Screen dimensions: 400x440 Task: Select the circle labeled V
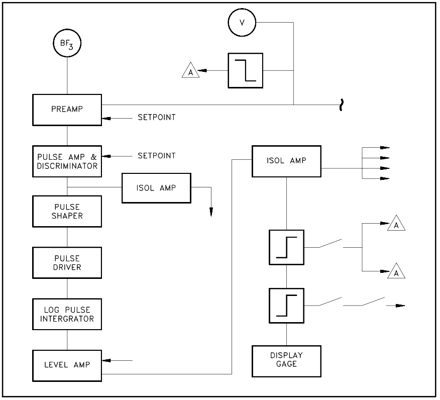pyautogui.click(x=242, y=23)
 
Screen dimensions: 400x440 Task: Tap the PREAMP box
pyautogui.click(x=67, y=110)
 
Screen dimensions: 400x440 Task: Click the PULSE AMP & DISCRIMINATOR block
pyautogui.click(x=67, y=161)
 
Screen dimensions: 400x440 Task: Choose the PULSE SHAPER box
pyautogui.click(x=67, y=211)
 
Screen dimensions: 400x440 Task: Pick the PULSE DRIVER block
pyautogui.click(x=67, y=262)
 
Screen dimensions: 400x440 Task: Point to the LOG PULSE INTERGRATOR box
pyautogui.click(x=67, y=314)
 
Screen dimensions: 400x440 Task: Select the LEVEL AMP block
pyautogui.click(x=67, y=364)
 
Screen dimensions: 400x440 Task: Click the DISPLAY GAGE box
pyautogui.click(x=286, y=360)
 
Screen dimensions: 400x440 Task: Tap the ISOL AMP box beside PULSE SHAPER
pyautogui.click(x=156, y=188)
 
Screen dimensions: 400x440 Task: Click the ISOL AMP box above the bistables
pyautogui.click(x=286, y=161)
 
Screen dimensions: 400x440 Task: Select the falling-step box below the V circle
pyautogui.click(x=245, y=70)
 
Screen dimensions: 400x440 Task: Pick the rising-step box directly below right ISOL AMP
pyautogui.click(x=286, y=247)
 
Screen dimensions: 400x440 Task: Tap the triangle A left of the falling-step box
pyautogui.click(x=190, y=72)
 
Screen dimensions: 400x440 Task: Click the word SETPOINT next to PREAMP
pyautogui.click(x=157, y=118)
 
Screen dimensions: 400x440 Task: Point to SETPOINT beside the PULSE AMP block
pyautogui.click(x=157, y=156)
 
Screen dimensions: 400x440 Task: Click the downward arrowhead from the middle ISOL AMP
pyautogui.click(x=211, y=212)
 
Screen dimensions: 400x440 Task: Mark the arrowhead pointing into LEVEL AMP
pyautogui.click(x=106, y=360)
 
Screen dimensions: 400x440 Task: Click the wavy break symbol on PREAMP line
pyautogui.click(x=342, y=105)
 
